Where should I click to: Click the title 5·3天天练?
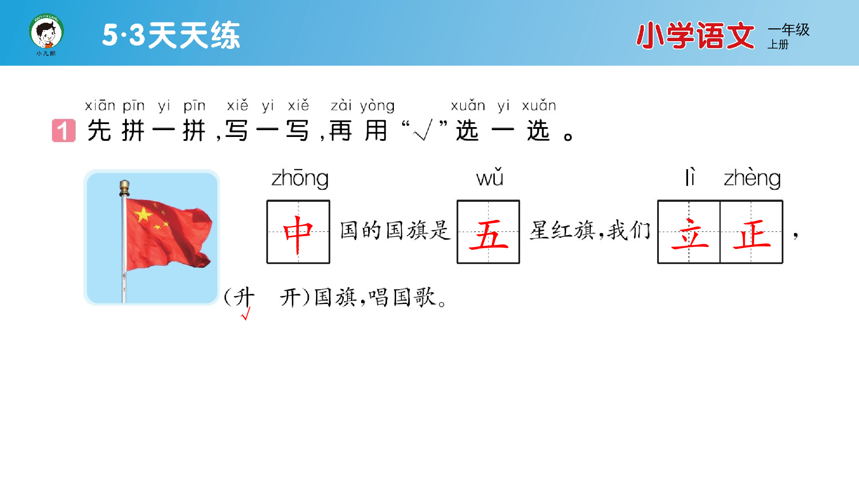(171, 35)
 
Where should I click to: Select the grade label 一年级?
(789, 30)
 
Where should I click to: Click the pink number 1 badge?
(64, 131)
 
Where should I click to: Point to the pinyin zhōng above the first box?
(300, 178)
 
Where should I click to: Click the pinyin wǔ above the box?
(489, 177)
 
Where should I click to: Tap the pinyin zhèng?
(752, 178)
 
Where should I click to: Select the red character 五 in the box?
(488, 235)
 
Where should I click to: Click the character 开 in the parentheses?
(290, 297)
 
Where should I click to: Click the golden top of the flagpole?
(125, 187)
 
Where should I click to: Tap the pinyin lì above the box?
(690, 177)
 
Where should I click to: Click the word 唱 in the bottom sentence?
(378, 297)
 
